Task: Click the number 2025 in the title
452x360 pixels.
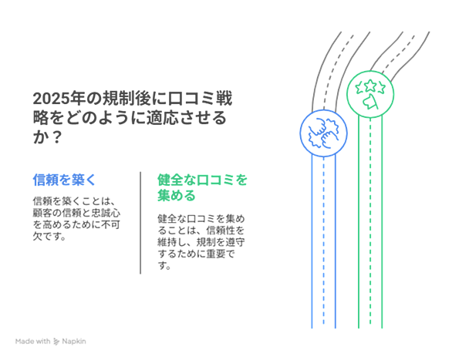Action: coord(52,99)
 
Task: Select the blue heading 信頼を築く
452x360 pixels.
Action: coord(64,180)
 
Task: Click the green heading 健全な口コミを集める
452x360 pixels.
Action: coord(202,187)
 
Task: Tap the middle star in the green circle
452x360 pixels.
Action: coord(370,86)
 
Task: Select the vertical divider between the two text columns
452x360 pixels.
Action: coord(140,223)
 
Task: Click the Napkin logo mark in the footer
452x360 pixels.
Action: coord(56,341)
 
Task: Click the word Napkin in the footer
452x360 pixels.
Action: coord(74,341)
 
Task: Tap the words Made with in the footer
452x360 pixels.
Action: coord(32,341)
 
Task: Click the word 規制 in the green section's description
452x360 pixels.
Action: coord(206,242)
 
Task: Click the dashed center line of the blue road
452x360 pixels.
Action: coord(323,243)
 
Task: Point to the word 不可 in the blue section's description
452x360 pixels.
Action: coord(110,224)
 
